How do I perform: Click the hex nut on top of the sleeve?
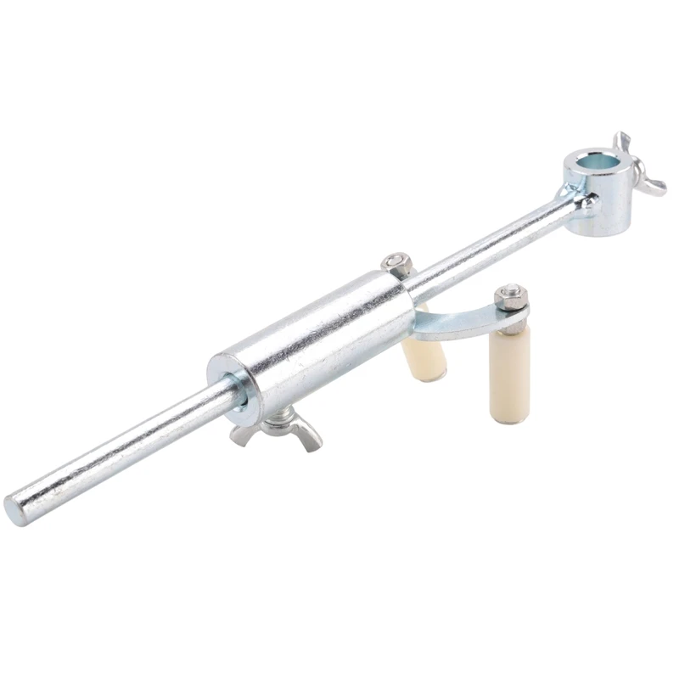[x=396, y=263]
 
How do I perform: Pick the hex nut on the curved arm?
[x=511, y=297]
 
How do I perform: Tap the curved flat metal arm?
[x=458, y=320]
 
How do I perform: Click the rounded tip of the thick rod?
[x=15, y=509]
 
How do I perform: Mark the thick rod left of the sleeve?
[x=119, y=458]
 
